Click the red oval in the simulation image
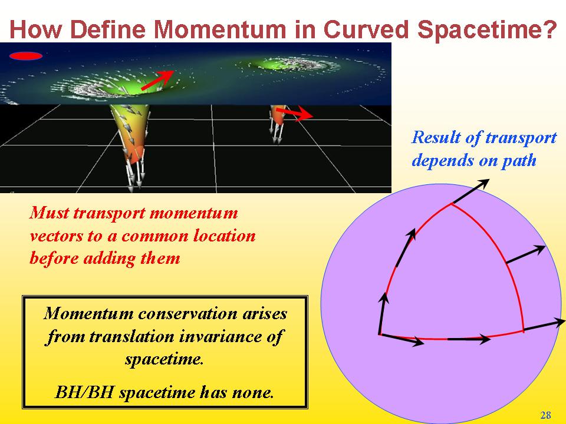tap(25, 56)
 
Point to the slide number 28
tap(545, 415)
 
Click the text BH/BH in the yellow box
tap(85, 392)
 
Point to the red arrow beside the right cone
tap(294, 113)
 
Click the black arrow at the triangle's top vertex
tap(471, 191)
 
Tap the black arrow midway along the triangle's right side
tap(526, 254)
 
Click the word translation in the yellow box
tap(131, 336)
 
